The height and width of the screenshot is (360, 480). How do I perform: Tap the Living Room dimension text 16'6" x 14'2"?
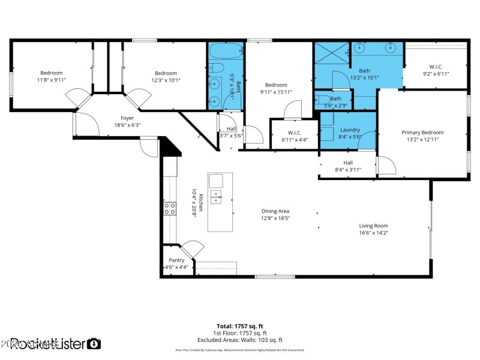coord(373,233)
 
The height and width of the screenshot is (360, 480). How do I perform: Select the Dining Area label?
coord(275,211)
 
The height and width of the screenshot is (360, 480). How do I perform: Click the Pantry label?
coord(176,260)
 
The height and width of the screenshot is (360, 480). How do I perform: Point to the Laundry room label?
coord(350,130)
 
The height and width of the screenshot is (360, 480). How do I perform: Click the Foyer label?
coord(127,118)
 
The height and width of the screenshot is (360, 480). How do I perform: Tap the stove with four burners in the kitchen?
coord(170,208)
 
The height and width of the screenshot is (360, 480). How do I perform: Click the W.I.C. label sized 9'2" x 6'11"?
coord(436,67)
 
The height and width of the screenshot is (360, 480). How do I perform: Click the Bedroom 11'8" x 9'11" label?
coord(52,73)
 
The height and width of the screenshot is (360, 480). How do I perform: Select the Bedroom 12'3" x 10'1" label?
coord(166,73)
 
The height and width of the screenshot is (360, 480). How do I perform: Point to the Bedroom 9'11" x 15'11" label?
coord(277,85)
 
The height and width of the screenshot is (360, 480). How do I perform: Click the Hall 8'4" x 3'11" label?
coord(348,163)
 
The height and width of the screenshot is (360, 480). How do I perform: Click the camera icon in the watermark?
coord(94,344)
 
